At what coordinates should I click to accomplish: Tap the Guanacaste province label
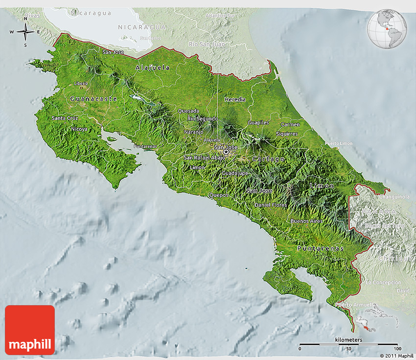(x=93, y=99)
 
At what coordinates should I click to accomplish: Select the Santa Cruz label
(x=65, y=118)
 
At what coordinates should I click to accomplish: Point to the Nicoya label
(x=79, y=129)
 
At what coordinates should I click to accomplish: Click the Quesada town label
(x=188, y=111)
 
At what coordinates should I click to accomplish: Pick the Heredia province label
(x=235, y=99)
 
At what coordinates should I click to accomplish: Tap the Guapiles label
(x=258, y=122)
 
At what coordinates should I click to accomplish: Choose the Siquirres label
(x=287, y=134)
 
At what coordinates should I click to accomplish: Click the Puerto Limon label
(x=339, y=143)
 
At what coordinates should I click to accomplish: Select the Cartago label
(x=268, y=159)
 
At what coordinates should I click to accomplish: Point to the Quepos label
(x=219, y=194)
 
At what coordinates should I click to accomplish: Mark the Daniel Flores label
(x=270, y=204)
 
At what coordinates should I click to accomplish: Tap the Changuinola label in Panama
(x=394, y=197)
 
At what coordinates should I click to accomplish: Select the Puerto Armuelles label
(x=354, y=305)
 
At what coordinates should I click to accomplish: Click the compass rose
(x=25, y=32)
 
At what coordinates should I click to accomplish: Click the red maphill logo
(x=30, y=330)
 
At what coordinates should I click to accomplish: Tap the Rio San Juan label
(x=207, y=44)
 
